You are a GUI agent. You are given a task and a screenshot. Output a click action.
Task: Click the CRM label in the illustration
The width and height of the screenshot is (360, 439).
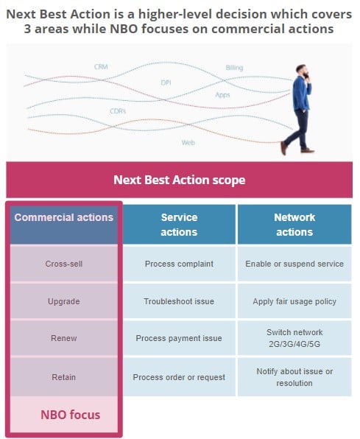click(101, 67)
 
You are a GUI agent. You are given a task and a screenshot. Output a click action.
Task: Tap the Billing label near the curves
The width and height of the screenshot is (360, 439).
click(234, 68)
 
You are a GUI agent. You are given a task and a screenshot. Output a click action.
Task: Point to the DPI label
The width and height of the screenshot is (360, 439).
click(166, 82)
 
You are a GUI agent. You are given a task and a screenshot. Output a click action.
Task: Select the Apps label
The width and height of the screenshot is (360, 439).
click(222, 95)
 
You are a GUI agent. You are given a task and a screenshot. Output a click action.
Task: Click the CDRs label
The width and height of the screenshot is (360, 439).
click(118, 111)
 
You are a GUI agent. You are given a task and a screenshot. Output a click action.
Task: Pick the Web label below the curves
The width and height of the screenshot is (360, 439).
click(188, 142)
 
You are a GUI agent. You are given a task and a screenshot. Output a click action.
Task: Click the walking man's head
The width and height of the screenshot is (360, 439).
click(303, 71)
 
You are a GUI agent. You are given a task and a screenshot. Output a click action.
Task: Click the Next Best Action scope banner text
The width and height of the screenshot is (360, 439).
click(180, 180)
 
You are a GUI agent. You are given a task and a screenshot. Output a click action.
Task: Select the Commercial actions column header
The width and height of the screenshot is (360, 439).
click(64, 225)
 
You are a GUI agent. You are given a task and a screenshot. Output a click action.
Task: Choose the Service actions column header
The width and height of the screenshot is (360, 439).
click(179, 225)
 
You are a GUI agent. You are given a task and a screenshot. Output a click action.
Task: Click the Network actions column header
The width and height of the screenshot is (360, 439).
click(294, 225)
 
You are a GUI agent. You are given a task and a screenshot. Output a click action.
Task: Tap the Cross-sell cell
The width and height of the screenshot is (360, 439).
click(64, 264)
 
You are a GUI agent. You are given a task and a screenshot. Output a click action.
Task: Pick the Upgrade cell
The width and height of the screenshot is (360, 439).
click(64, 301)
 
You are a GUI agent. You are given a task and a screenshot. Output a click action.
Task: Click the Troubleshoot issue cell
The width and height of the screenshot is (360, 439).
click(179, 301)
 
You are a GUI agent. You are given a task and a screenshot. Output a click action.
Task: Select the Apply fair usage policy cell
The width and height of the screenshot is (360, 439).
click(294, 301)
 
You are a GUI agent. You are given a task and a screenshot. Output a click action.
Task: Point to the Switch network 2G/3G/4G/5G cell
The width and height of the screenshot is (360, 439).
click(294, 338)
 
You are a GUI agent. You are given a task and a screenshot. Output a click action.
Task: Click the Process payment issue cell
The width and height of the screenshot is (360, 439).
click(179, 338)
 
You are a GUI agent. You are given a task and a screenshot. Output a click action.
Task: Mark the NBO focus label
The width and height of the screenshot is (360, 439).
click(70, 415)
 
